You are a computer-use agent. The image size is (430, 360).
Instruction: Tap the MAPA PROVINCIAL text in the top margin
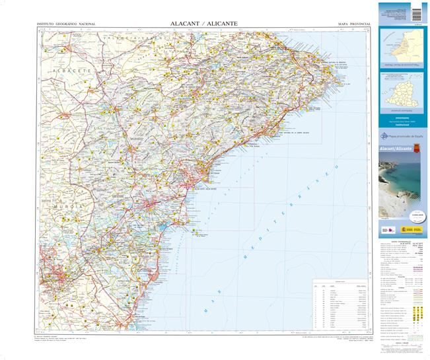tap(354, 24)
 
